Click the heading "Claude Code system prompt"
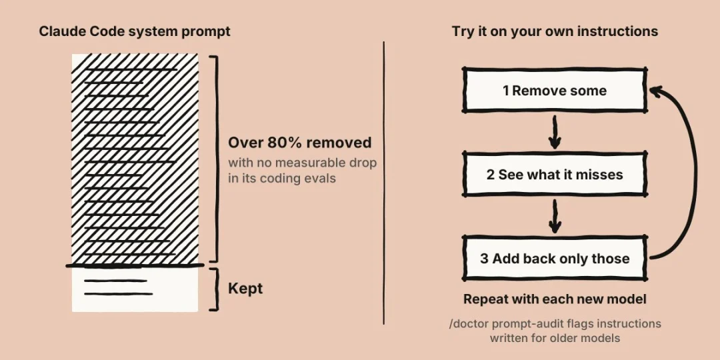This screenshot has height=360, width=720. point(135,31)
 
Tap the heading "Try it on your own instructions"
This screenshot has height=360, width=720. point(555,31)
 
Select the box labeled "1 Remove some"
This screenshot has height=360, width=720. point(555,90)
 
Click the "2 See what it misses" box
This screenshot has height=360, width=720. point(555,175)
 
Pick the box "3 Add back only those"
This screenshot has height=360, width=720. point(555,258)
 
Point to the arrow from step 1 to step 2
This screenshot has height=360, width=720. point(555,132)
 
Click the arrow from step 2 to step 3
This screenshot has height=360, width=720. point(555,216)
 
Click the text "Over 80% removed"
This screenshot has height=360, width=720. point(300,143)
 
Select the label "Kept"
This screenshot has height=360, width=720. point(245,289)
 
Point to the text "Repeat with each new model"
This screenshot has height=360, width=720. point(555,299)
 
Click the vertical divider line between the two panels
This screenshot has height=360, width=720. point(384,183)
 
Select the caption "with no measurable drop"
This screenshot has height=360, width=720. point(302,163)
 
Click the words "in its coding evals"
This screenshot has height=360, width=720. point(282,179)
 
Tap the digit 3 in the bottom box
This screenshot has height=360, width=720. point(485,259)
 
